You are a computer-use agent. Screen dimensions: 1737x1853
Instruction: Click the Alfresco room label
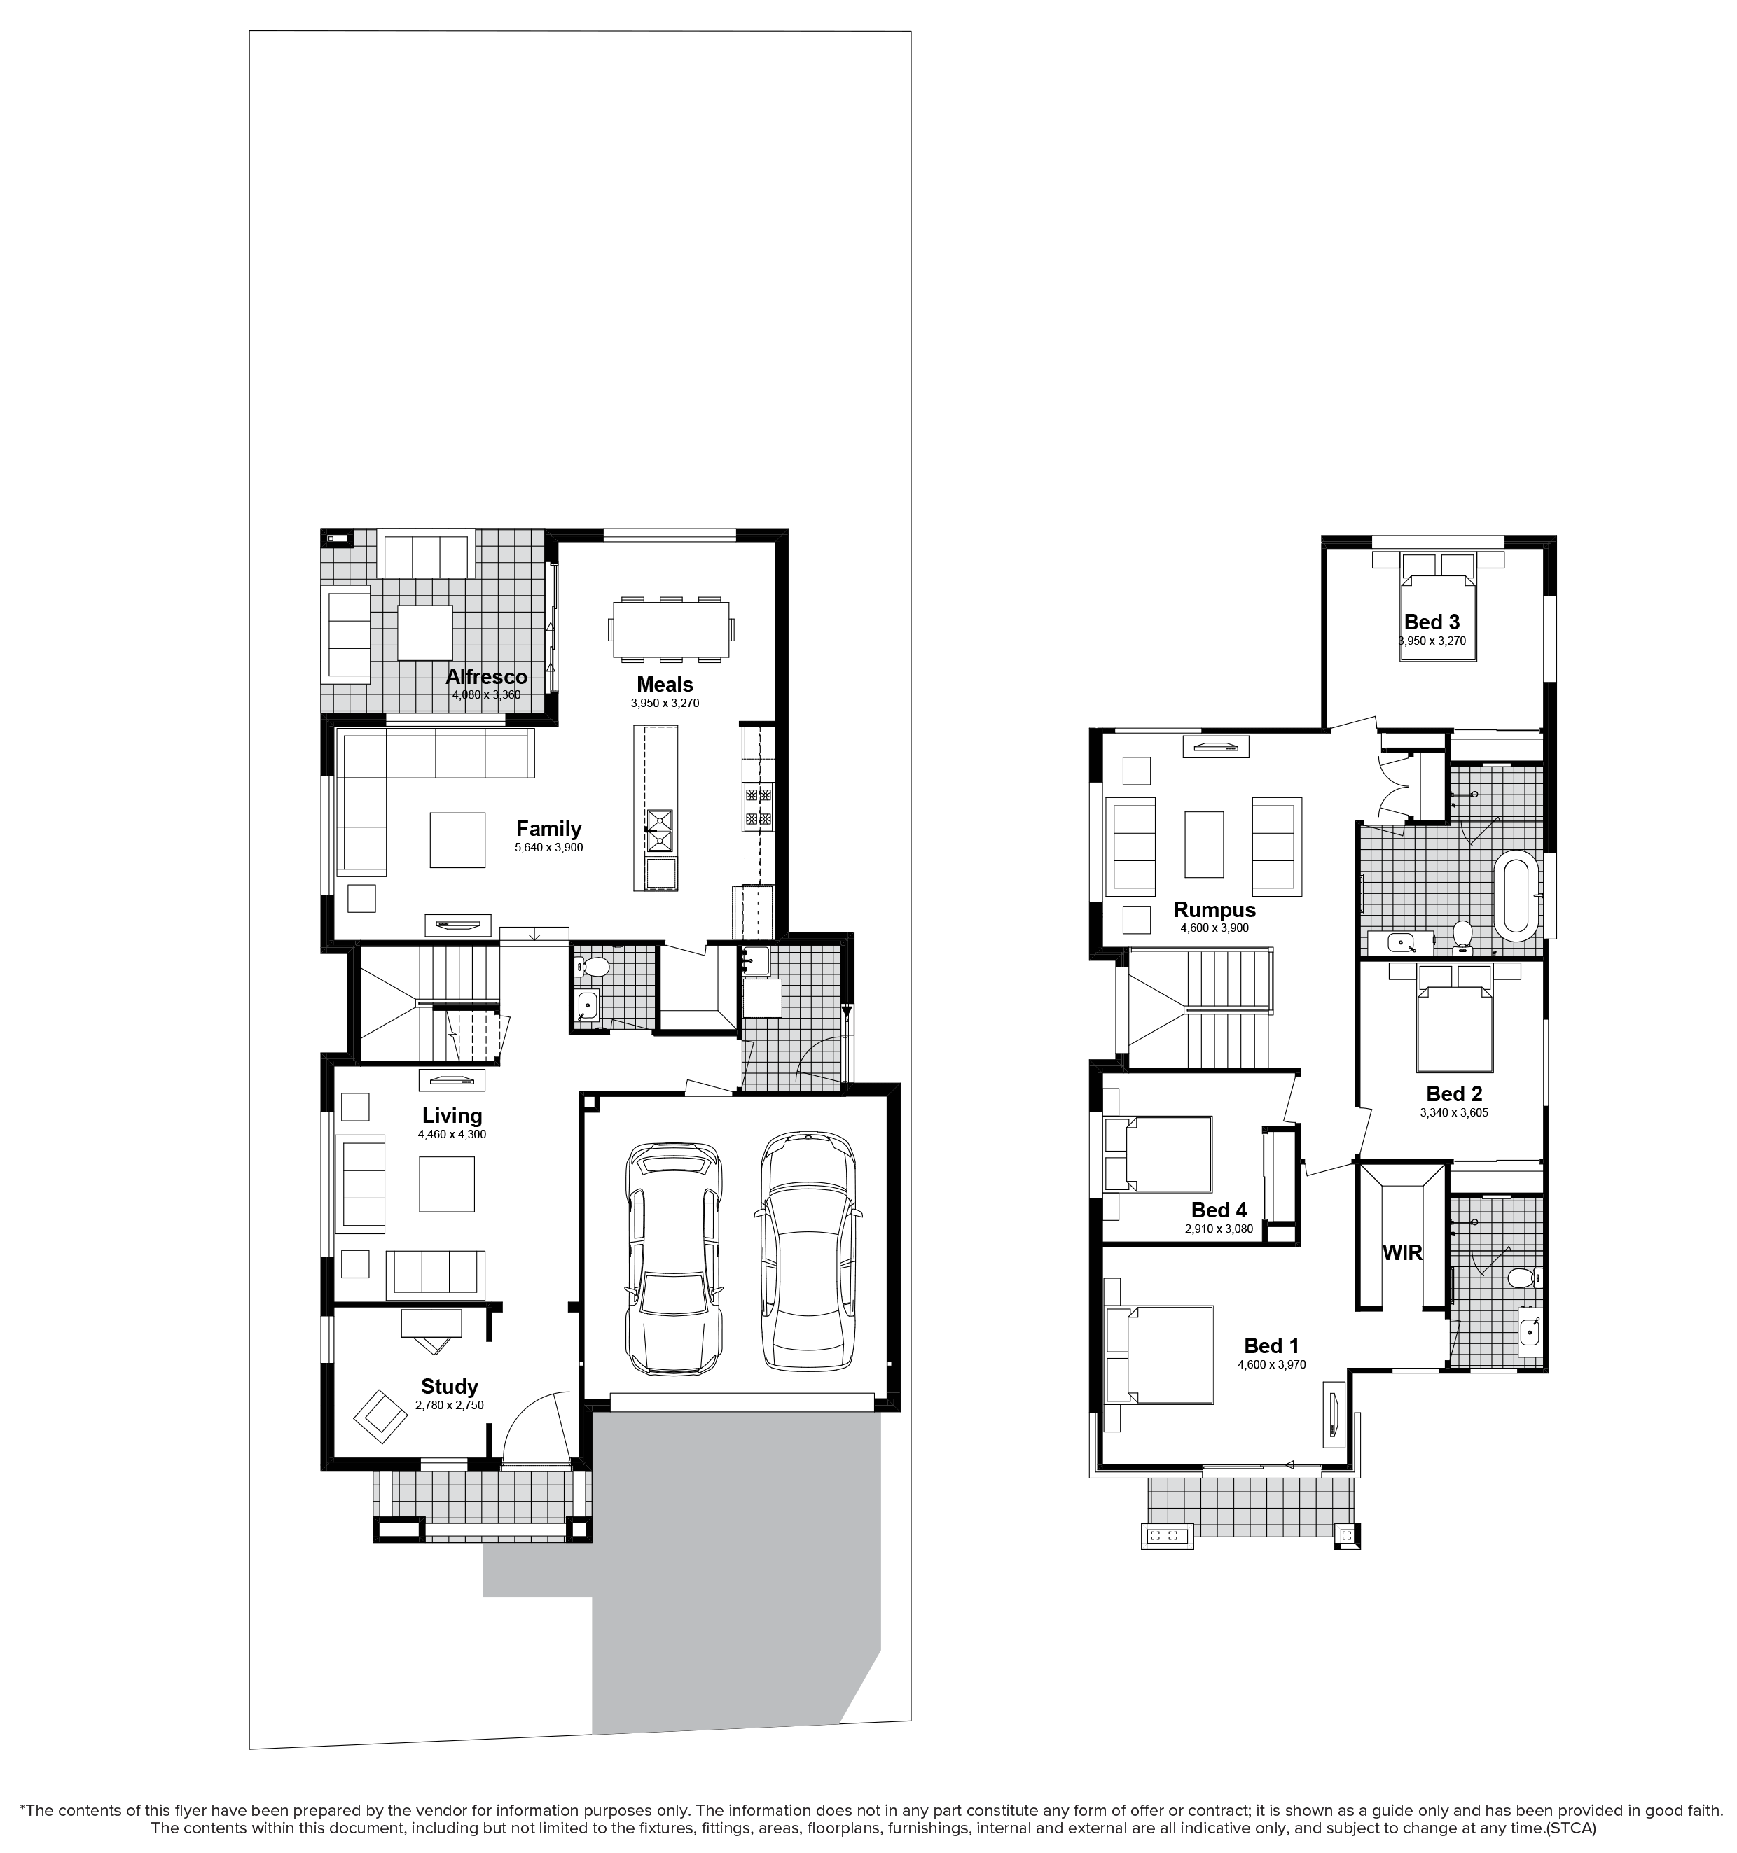coord(486,677)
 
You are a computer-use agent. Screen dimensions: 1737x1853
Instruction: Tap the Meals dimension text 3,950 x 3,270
coord(665,704)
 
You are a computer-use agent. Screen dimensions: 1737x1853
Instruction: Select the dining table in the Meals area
coord(671,629)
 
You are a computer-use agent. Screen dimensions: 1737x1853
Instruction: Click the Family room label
coord(549,829)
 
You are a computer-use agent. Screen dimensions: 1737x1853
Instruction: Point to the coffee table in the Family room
coord(457,840)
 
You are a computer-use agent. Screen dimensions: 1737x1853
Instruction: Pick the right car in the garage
coord(808,1251)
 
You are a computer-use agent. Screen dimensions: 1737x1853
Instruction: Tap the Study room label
coord(450,1386)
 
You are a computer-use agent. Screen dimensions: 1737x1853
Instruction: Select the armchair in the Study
coord(380,1417)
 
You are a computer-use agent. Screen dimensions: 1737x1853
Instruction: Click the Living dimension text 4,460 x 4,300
coord(452,1134)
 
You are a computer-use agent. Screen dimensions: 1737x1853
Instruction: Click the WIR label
coord(1402,1253)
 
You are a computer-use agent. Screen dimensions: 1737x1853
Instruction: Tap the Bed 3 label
coord(1432,622)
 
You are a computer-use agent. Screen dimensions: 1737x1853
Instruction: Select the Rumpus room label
coord(1214,910)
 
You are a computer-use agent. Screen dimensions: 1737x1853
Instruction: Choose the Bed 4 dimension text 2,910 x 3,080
coord(1219,1229)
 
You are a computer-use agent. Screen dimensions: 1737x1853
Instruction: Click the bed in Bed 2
coord(1455,1017)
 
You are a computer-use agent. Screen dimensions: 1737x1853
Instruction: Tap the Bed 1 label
coord(1271,1345)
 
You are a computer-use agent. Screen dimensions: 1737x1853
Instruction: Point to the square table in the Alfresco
coord(425,633)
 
